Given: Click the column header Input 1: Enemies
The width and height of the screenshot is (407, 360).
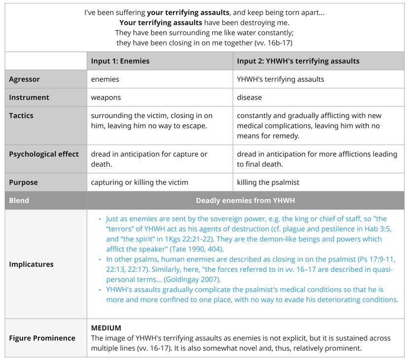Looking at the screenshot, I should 120,61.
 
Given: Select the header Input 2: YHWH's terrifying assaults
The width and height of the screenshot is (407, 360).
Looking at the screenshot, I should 298,61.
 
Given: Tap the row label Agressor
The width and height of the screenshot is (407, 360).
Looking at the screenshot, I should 24,79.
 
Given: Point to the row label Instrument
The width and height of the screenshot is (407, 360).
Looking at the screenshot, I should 29,98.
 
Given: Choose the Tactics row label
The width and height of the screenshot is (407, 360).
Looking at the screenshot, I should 21,116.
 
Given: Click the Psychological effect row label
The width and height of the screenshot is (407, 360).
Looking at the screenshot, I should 44,154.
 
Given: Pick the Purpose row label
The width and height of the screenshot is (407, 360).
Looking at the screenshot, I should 23,182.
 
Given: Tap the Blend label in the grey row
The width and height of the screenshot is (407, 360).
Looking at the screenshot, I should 19,201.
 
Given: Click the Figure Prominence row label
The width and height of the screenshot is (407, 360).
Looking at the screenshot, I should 42,338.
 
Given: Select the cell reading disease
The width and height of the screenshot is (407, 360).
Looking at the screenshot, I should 249,98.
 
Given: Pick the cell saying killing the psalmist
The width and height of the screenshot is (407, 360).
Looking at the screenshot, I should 268,182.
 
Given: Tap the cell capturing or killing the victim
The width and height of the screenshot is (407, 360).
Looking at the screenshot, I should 139,182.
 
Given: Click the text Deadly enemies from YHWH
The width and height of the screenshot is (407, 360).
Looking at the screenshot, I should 245,201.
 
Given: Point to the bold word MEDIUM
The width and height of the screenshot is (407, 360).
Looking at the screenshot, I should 106,328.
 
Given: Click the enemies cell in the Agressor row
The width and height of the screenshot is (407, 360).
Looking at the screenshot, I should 105,79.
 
